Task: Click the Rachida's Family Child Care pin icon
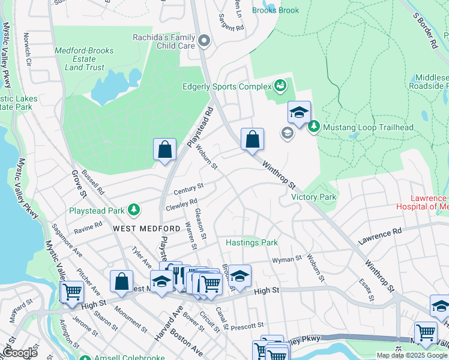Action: (204, 41)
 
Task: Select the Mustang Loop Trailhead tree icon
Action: (313, 127)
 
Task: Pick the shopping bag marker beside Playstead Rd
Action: (164, 149)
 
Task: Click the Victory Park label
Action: (313, 197)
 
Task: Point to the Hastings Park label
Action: (252, 243)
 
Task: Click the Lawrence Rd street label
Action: (380, 235)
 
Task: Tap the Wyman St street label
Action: (286, 259)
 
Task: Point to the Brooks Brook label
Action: (275, 10)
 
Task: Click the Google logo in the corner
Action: (19, 353)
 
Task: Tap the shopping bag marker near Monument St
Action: (121, 282)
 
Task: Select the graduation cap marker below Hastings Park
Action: (239, 276)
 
